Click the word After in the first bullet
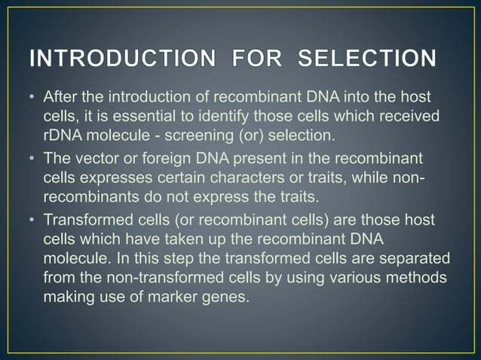pos(60,99)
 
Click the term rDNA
pos(62,136)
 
